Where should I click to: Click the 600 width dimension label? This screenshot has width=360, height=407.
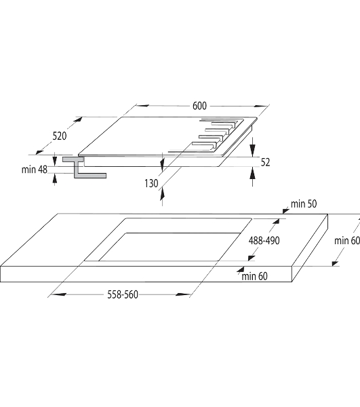[199, 106]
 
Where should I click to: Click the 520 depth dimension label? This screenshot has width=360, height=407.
[60, 136]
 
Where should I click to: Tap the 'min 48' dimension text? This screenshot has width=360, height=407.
[35, 170]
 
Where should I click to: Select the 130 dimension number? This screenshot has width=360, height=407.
[151, 184]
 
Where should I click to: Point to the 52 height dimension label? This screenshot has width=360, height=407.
[265, 162]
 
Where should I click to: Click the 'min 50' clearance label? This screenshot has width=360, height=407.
[304, 203]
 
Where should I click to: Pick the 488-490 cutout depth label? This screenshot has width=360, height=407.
[264, 241]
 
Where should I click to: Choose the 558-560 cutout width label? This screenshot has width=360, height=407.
[123, 294]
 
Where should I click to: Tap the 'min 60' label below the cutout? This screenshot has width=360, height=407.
[254, 276]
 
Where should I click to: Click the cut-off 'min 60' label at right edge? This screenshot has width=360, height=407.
[347, 241]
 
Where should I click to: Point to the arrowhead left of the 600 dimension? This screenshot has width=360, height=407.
[142, 106]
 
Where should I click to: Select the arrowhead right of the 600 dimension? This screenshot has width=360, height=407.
[260, 106]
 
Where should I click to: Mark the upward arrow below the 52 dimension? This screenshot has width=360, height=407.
[252, 173]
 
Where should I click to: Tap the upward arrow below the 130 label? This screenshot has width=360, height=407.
[162, 194]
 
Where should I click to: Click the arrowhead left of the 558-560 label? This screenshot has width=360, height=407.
[58, 294]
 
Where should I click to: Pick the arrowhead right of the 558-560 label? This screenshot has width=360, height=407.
[183, 294]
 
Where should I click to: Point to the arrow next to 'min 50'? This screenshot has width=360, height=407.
[286, 210]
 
